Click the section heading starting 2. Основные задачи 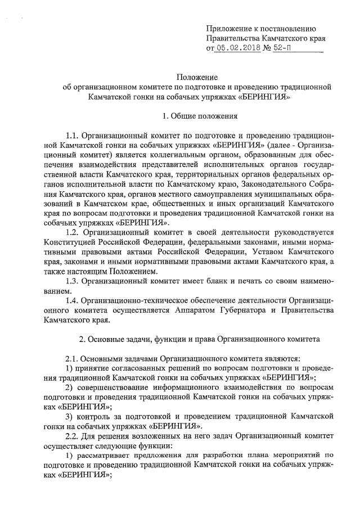(199, 340)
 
